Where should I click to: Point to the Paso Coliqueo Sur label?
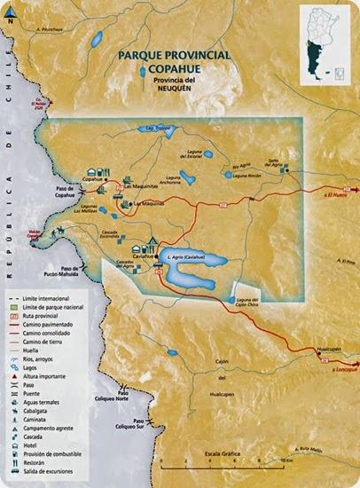[137, 425]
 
